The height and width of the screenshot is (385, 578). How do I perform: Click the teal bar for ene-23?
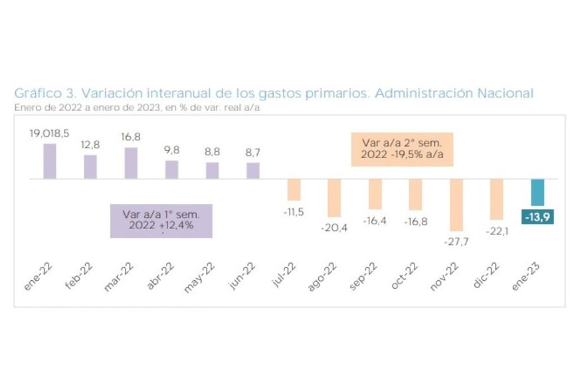click(537, 193)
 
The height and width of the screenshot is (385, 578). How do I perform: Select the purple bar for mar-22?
click(131, 163)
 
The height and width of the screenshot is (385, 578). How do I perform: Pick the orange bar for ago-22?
click(334, 198)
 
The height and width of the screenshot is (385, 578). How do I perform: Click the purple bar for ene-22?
click(50, 161)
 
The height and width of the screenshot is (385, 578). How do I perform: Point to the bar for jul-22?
click(294, 190)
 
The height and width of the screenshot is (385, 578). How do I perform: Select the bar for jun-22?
click(253, 171)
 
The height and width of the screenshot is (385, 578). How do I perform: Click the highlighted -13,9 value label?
click(538, 218)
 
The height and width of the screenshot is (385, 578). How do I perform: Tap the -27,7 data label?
click(456, 242)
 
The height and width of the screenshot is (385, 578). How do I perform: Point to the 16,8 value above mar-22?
click(131, 137)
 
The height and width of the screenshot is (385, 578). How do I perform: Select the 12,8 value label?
click(90, 144)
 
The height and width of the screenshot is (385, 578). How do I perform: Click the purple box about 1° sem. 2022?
click(161, 220)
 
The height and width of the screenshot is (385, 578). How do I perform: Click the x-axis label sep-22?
click(364, 277)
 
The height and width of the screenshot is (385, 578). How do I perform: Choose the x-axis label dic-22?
click(488, 277)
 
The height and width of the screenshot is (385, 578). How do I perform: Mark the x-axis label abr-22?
click(161, 277)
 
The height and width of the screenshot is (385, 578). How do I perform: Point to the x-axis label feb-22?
click(80, 277)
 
